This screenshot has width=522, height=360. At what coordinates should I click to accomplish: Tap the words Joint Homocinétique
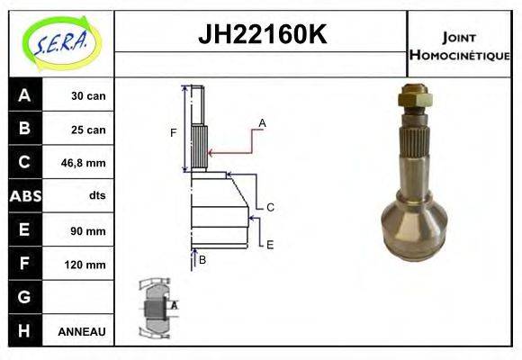click(x=459, y=45)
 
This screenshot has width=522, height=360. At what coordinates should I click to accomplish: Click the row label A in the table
click(x=24, y=96)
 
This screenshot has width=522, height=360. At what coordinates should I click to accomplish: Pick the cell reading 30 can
click(x=88, y=96)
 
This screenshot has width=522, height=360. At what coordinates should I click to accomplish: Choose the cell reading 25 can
click(x=88, y=130)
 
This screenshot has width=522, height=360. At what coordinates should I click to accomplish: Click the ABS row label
click(x=24, y=196)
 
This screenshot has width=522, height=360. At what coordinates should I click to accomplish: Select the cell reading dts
click(x=97, y=196)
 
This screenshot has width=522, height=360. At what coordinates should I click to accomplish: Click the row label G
click(x=24, y=297)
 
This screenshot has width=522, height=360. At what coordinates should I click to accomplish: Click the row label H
click(x=24, y=330)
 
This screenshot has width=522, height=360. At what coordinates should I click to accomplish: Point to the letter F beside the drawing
click(x=174, y=133)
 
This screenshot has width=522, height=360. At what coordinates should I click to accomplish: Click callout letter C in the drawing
click(x=270, y=207)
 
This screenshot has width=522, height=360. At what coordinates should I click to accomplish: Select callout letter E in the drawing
click(x=269, y=244)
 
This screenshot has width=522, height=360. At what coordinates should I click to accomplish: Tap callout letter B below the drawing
click(x=202, y=260)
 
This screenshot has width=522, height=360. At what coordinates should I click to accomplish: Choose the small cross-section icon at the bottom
click(x=157, y=309)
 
